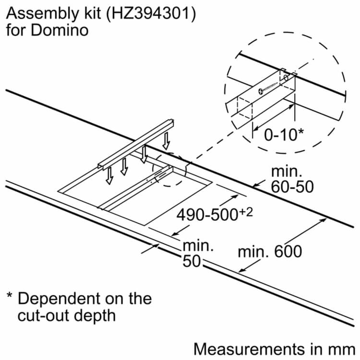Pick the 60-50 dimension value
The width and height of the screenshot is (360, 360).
(x=292, y=186)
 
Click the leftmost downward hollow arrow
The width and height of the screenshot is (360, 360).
(x=110, y=176)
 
